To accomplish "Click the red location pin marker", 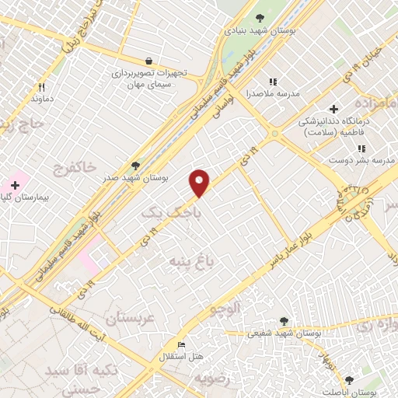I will click(x=200, y=182).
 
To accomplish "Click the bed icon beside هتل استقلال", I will click(x=182, y=344).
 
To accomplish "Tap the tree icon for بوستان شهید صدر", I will click(x=136, y=166).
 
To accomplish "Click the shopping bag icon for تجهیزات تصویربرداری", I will click(x=148, y=60).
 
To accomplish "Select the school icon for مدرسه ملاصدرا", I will click(x=272, y=81).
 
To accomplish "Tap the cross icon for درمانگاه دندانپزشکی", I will click(x=334, y=109).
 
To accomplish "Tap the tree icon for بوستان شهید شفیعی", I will click(x=282, y=320).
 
